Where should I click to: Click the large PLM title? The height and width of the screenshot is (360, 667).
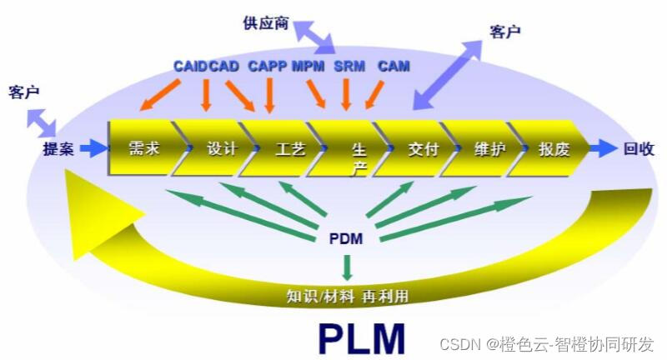coord(361,337)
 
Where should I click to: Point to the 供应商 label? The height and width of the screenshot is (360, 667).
coord(265,24)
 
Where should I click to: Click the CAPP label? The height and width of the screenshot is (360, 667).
coord(268,65)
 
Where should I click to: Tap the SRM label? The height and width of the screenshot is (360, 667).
coord(349,65)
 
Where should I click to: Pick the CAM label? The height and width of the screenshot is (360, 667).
coord(394,65)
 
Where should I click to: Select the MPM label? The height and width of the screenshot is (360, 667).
coord(308,65)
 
